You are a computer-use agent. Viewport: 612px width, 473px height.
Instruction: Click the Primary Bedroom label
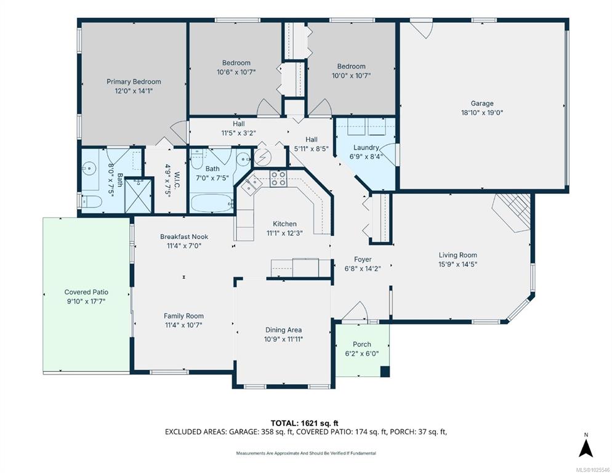point(134,82)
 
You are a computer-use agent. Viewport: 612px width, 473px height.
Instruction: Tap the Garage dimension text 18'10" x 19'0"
point(482,113)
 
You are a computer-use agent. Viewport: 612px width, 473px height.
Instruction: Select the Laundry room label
point(366,148)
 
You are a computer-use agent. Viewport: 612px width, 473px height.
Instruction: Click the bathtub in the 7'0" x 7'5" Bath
point(212,203)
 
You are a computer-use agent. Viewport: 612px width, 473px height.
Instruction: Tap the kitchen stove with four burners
point(278,178)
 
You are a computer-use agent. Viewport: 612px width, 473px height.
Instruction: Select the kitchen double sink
point(251,184)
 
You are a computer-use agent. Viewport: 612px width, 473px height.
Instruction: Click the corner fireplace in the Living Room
point(512,213)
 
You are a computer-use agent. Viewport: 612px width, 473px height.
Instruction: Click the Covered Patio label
point(86,292)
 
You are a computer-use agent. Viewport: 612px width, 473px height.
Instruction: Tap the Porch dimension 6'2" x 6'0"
point(362,354)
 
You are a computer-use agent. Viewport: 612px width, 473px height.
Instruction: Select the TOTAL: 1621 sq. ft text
point(304,423)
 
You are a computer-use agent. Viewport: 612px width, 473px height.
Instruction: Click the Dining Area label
point(283,330)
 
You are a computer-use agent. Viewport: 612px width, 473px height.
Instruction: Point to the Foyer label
point(363,259)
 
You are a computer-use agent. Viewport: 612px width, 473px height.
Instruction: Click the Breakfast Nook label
point(184,236)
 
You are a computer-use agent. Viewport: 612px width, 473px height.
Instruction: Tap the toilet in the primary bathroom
point(92,202)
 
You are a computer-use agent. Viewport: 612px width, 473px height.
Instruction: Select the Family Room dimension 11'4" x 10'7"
point(183,325)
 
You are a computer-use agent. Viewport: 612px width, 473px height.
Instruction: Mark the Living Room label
point(458,255)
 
